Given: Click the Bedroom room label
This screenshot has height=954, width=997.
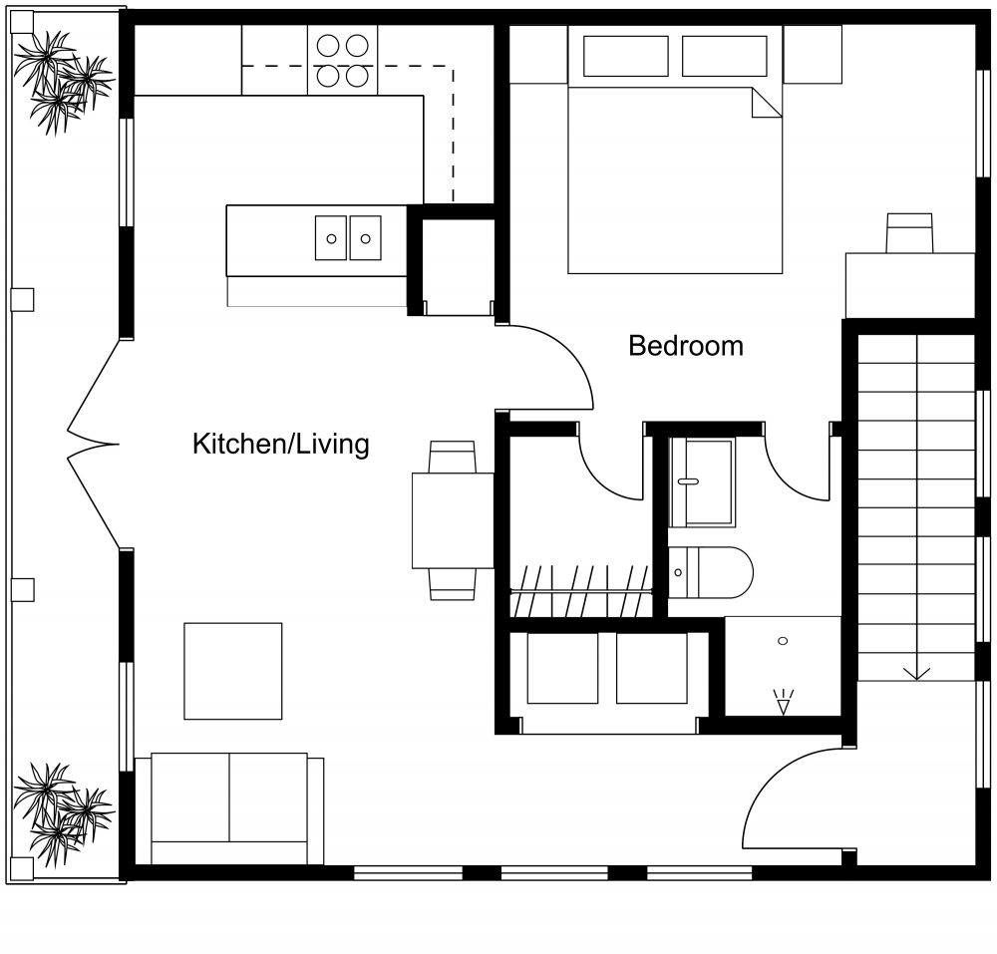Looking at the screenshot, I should click(685, 346).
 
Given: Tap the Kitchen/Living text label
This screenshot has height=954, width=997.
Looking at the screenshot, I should click(280, 444).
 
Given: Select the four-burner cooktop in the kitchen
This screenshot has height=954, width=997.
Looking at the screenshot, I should click(342, 60).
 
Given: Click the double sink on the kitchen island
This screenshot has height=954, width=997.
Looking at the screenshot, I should click(348, 237).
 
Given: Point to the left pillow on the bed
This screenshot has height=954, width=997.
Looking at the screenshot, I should click(625, 56).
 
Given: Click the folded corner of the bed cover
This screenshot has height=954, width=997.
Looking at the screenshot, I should click(766, 103).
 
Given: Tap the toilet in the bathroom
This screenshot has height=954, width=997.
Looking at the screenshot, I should click(709, 572).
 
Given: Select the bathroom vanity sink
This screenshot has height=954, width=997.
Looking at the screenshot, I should click(702, 481).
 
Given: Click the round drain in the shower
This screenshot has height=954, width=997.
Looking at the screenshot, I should click(783, 640).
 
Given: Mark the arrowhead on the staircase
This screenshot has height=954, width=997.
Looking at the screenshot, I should click(916, 673).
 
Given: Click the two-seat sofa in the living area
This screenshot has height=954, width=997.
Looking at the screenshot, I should click(229, 807).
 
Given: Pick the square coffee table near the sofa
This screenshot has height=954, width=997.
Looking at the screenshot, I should click(233, 671).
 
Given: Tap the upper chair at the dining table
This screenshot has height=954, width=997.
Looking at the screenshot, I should click(452, 458).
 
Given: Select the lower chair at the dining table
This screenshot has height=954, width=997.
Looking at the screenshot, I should click(453, 583).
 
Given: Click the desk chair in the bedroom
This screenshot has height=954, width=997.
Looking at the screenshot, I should click(909, 232).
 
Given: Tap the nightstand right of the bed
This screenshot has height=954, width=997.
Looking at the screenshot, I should click(812, 54).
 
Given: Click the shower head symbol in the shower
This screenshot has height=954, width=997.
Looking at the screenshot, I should click(783, 704).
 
